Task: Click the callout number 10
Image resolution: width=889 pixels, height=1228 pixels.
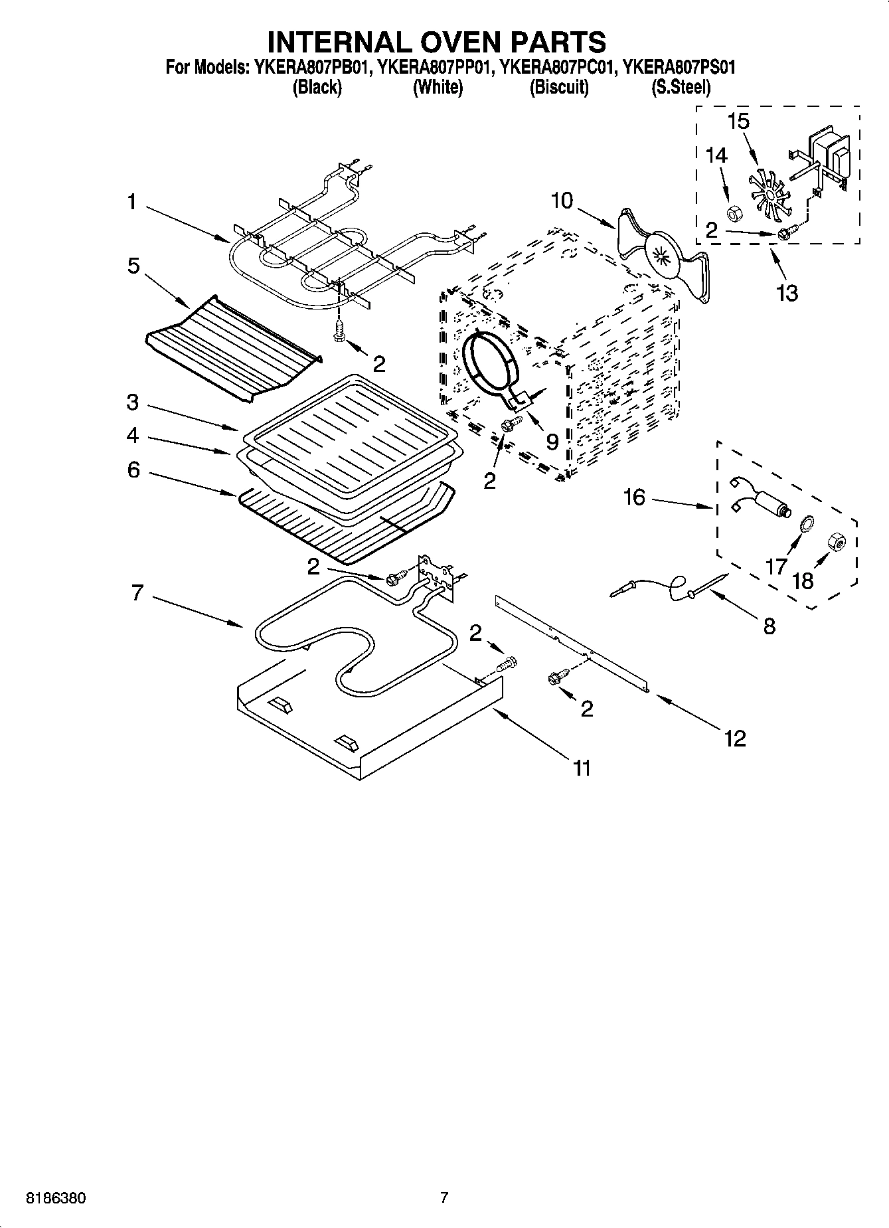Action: (x=561, y=200)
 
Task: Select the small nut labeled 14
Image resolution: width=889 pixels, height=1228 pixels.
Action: (x=734, y=213)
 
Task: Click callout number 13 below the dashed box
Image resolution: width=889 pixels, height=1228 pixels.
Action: (x=787, y=292)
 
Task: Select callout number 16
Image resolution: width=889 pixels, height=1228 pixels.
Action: (x=634, y=497)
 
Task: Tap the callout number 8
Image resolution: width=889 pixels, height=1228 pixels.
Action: (x=769, y=626)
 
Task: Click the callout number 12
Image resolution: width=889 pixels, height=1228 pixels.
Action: (x=735, y=738)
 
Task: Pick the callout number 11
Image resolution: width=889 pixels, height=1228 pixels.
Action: (x=582, y=768)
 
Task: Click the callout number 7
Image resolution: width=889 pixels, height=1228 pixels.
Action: (x=137, y=592)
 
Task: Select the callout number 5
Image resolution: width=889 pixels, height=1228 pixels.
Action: (x=133, y=266)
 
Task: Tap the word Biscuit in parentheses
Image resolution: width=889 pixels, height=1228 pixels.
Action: (x=558, y=87)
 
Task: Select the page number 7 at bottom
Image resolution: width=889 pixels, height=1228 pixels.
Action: (x=444, y=1198)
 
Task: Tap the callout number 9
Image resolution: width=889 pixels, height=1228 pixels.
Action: (x=552, y=441)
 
